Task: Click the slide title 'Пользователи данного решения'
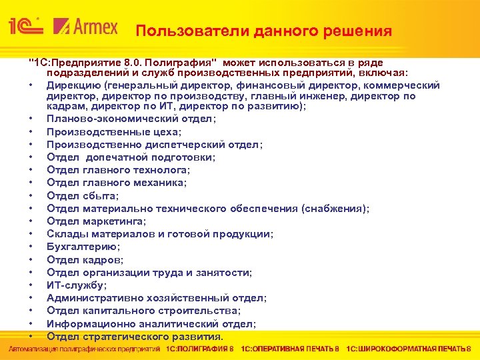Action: [x=263, y=31]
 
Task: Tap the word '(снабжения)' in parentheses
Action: [x=335, y=209]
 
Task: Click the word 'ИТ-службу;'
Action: [x=72, y=285]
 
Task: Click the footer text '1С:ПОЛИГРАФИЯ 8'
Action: [x=199, y=350]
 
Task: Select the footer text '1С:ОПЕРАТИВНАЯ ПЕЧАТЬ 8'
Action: [x=290, y=350]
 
